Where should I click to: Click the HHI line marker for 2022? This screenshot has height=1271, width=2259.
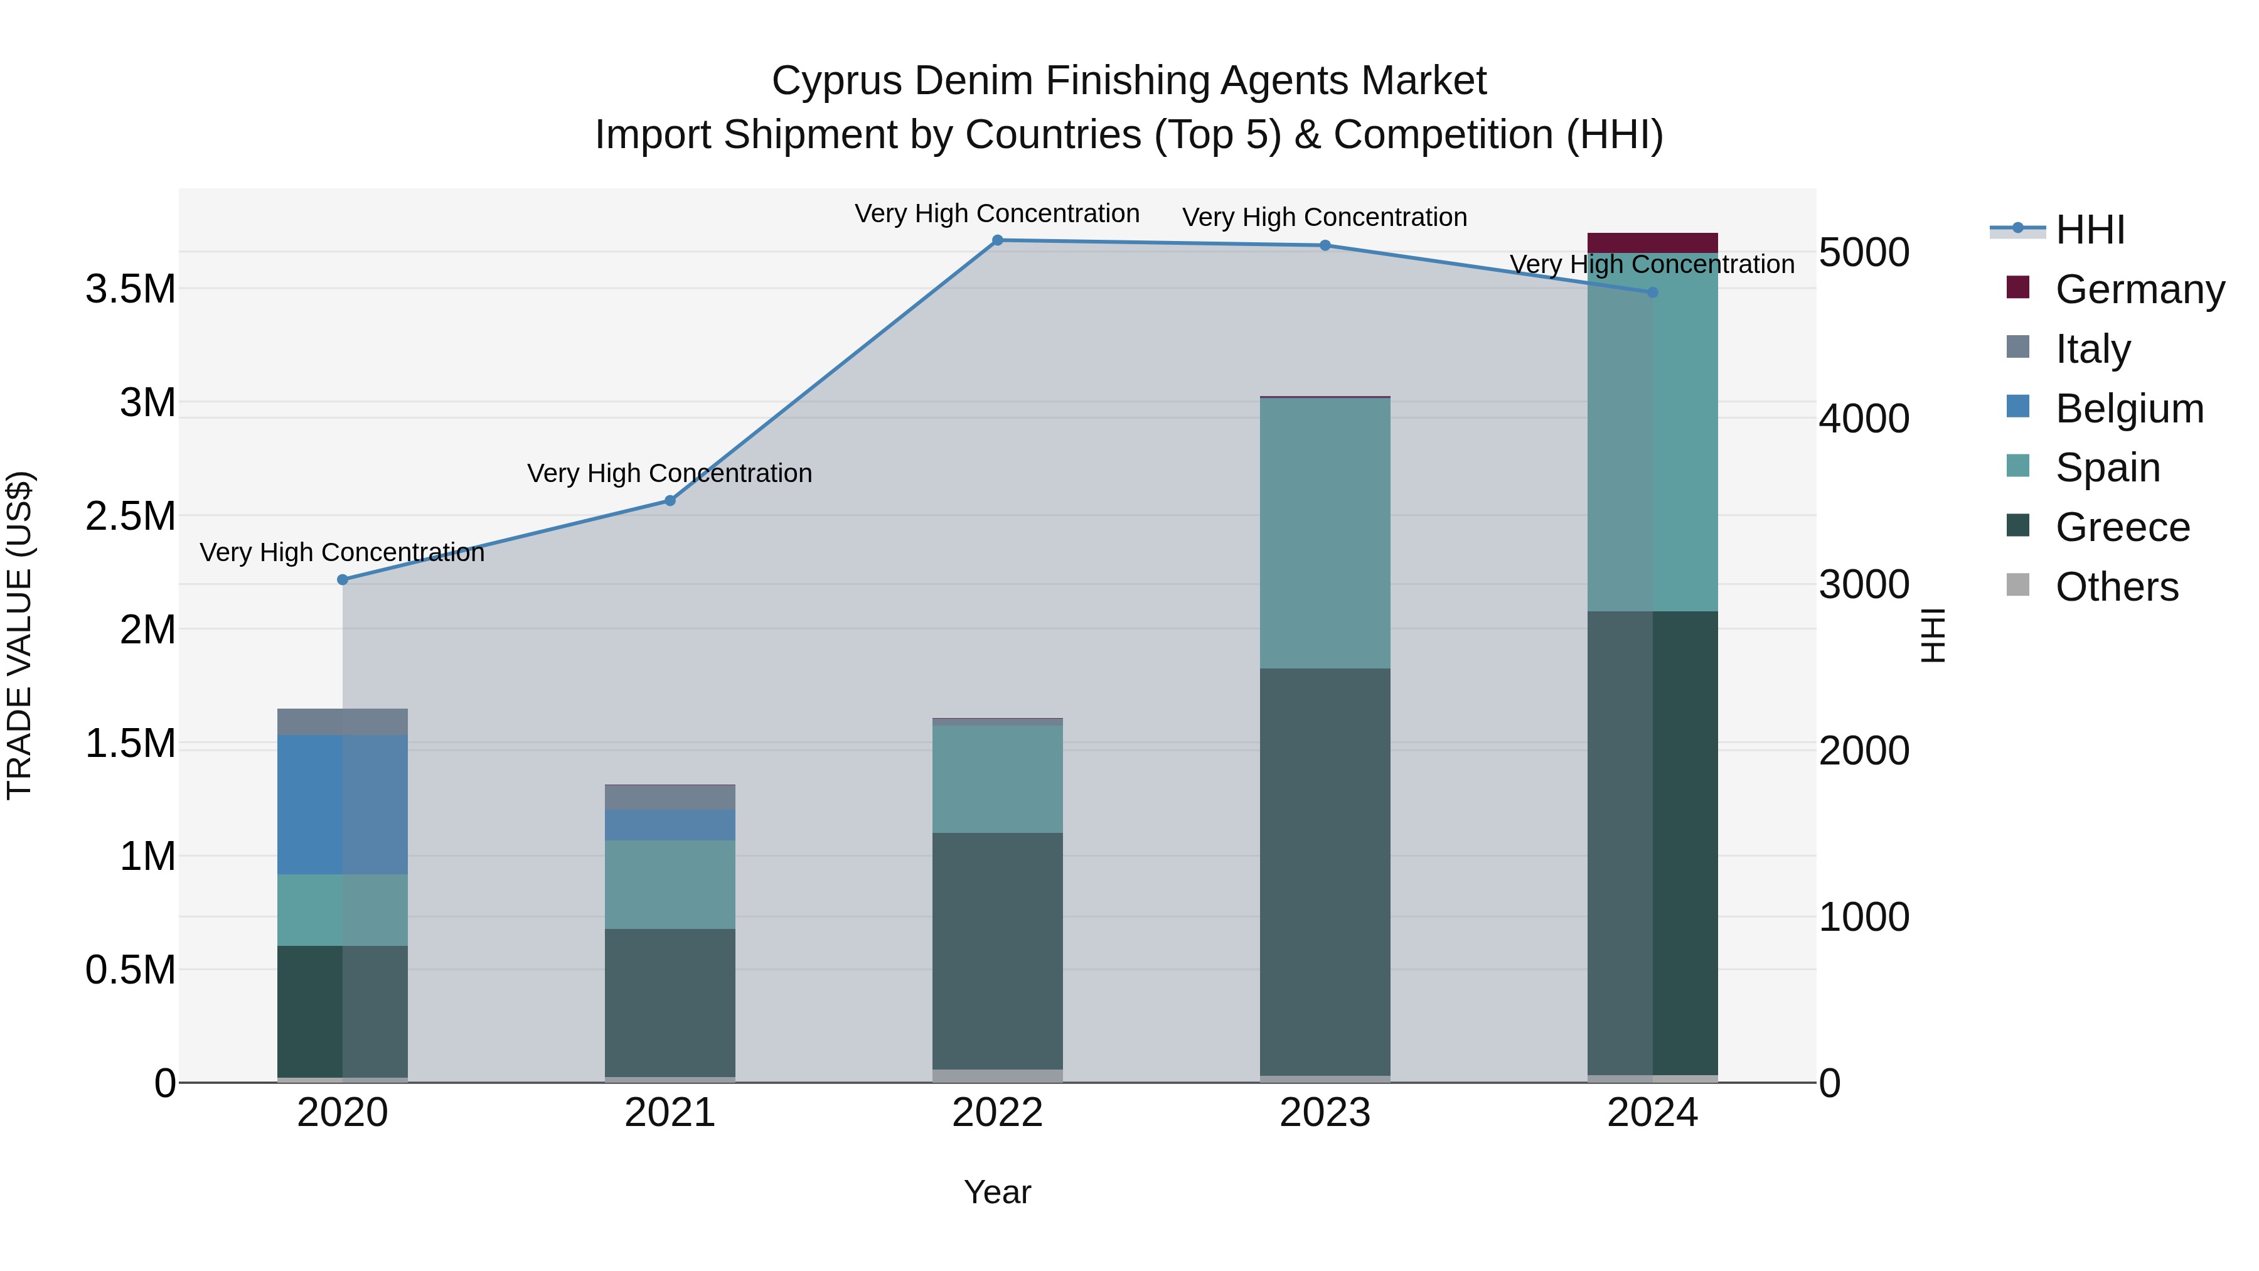click(997, 240)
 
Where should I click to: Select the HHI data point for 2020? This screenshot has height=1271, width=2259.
click(343, 580)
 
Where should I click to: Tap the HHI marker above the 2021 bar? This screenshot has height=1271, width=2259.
click(670, 501)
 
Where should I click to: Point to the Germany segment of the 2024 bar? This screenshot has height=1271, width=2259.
click(1652, 243)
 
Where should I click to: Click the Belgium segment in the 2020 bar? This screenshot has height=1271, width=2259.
click(342, 805)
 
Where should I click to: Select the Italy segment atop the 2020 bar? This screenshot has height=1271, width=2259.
click(342, 722)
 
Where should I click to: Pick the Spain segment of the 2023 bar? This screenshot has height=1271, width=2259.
click(1325, 534)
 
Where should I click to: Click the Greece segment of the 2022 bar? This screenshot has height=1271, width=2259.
click(997, 951)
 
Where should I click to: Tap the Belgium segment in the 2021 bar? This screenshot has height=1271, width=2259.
click(670, 825)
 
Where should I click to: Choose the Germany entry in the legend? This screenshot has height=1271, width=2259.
click(2140, 289)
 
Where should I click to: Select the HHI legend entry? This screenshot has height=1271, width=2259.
click(2090, 230)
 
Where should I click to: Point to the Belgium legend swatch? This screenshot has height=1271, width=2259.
click(2018, 407)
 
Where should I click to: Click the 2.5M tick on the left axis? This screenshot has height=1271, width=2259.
click(131, 516)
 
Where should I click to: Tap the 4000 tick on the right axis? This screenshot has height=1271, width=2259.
click(1864, 419)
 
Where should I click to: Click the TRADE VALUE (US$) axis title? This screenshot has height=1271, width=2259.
click(19, 635)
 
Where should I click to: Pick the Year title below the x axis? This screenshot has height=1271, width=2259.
click(997, 1192)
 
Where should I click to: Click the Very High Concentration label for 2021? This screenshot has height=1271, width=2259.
click(670, 474)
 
